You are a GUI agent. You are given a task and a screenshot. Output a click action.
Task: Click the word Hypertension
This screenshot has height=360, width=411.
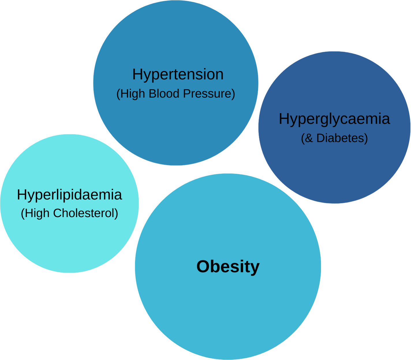[x=178, y=75]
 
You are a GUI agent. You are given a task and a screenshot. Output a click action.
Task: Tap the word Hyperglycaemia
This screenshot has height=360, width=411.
[x=334, y=119]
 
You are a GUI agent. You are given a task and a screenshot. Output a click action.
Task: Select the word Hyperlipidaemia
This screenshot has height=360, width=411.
[x=69, y=195]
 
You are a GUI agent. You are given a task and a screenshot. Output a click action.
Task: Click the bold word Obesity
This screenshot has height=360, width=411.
[x=228, y=266]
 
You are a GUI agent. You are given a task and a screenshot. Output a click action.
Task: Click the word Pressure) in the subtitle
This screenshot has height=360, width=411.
[x=209, y=94]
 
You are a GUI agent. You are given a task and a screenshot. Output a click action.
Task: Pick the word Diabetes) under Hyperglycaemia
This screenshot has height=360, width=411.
[x=342, y=138]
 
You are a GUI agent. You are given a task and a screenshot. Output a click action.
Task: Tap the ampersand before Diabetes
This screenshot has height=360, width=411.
[x=309, y=138]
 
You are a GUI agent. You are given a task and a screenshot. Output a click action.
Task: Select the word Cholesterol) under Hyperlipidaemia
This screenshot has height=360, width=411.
[x=85, y=213]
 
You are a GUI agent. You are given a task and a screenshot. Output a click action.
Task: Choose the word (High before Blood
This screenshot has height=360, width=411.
[x=130, y=94]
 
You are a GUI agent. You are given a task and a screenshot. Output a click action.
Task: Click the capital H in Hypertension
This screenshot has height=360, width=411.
[x=137, y=74]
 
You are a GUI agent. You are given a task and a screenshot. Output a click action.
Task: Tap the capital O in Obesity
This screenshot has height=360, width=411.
[x=203, y=266]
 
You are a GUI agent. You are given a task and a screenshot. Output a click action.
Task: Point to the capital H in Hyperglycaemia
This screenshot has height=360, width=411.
[x=284, y=119]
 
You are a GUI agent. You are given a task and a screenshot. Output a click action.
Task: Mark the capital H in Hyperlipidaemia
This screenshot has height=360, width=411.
[x=22, y=194]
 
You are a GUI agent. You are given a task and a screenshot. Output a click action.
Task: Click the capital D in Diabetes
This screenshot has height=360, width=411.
[x=320, y=138]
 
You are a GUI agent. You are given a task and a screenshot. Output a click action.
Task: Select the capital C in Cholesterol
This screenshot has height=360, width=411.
[x=57, y=213]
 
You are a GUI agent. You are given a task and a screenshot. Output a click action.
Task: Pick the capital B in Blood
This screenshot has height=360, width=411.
[x=152, y=94]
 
